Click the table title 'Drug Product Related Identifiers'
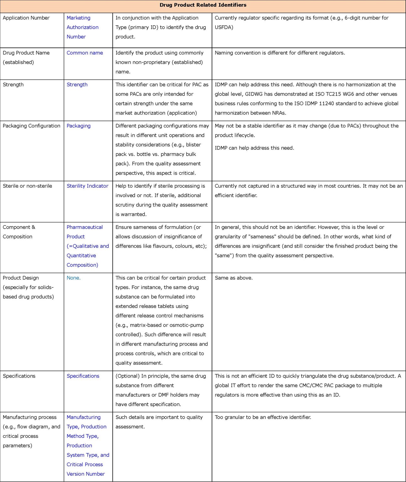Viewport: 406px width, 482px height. point(203,5)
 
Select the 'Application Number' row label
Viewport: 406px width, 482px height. point(26,18)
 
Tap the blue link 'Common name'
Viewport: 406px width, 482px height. point(85,53)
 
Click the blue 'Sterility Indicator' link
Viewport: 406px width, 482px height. point(87,186)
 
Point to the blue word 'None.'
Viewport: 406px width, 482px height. point(74,278)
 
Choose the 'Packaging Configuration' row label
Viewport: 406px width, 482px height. point(31,126)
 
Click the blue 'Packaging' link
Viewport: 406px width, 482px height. point(79,126)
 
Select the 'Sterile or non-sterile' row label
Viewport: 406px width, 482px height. point(27,186)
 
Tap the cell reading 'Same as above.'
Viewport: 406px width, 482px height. point(233,278)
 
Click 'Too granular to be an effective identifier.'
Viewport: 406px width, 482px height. point(263,417)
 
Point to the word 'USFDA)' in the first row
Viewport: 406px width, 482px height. point(224,27)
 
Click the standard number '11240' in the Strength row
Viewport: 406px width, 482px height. point(327,103)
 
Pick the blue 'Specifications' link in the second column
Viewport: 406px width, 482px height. point(83,376)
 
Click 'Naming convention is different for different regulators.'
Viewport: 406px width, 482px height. point(280,53)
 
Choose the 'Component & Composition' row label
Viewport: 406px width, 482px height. point(19,232)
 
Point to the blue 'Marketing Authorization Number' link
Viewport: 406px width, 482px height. point(82,27)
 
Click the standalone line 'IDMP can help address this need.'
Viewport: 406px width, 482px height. point(254,148)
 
